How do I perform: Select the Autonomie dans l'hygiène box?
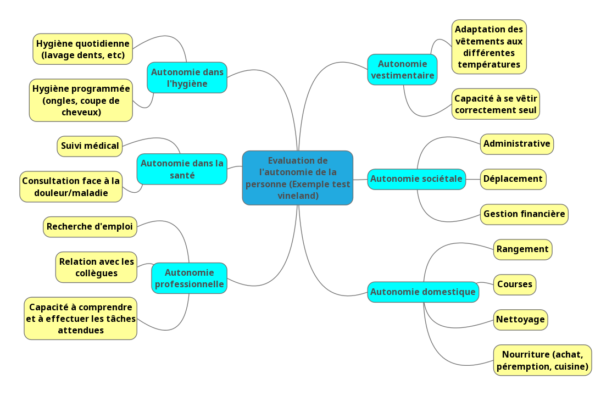point(187,77)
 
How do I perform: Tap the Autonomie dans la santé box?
point(182,169)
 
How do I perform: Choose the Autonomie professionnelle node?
point(189,278)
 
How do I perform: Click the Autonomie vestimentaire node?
point(402,69)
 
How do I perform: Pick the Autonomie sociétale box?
point(416,179)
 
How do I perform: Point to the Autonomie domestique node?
point(422,292)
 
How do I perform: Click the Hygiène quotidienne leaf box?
point(82,49)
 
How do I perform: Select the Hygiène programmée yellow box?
point(81,100)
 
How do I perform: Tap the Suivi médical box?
point(90,146)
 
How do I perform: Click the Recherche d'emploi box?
point(90,226)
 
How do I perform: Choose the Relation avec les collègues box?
point(96,267)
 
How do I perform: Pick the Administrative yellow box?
point(516,144)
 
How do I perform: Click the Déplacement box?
point(513,179)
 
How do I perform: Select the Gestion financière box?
point(524,214)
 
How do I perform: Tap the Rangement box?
point(522,249)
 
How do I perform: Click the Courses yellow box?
point(515,285)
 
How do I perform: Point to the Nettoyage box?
point(520,320)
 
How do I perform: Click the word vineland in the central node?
point(297,196)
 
